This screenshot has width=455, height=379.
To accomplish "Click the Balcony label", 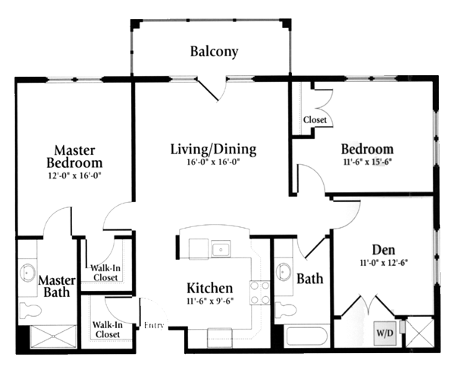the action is point(214,52).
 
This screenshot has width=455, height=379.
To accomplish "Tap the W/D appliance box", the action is point(385,333).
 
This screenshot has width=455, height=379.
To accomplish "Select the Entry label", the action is point(154,325).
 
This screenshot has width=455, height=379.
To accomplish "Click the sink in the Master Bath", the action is point(27,273).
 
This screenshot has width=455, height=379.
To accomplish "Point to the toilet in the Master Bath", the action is point(30,311).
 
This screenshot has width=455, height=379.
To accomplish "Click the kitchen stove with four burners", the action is point(259,292).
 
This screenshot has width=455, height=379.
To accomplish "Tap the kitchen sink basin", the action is point(221,249).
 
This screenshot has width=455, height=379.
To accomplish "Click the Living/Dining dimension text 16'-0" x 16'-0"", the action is point(212,162).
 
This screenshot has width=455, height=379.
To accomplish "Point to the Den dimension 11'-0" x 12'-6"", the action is point(384,263).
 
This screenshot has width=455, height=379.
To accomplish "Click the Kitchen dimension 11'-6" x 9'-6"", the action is point(210,301).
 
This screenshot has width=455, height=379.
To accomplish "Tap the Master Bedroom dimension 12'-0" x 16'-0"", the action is point(75,175).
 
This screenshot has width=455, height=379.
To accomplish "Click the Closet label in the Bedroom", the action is point(315,120).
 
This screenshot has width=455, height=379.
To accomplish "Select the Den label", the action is point(384,250).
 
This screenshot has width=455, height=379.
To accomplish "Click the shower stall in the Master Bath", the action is point(53,336).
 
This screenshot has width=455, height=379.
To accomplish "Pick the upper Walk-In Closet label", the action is point(105,273).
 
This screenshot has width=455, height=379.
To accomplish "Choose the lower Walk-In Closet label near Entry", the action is point(108,330).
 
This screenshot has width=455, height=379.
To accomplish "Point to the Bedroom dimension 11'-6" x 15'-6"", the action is point(368,162).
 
